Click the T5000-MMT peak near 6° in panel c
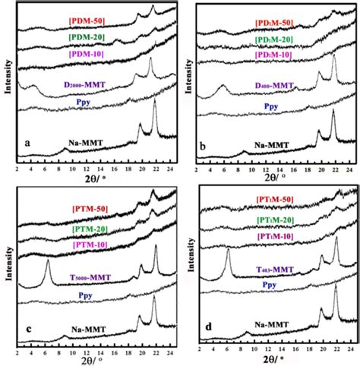coord(47,262)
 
